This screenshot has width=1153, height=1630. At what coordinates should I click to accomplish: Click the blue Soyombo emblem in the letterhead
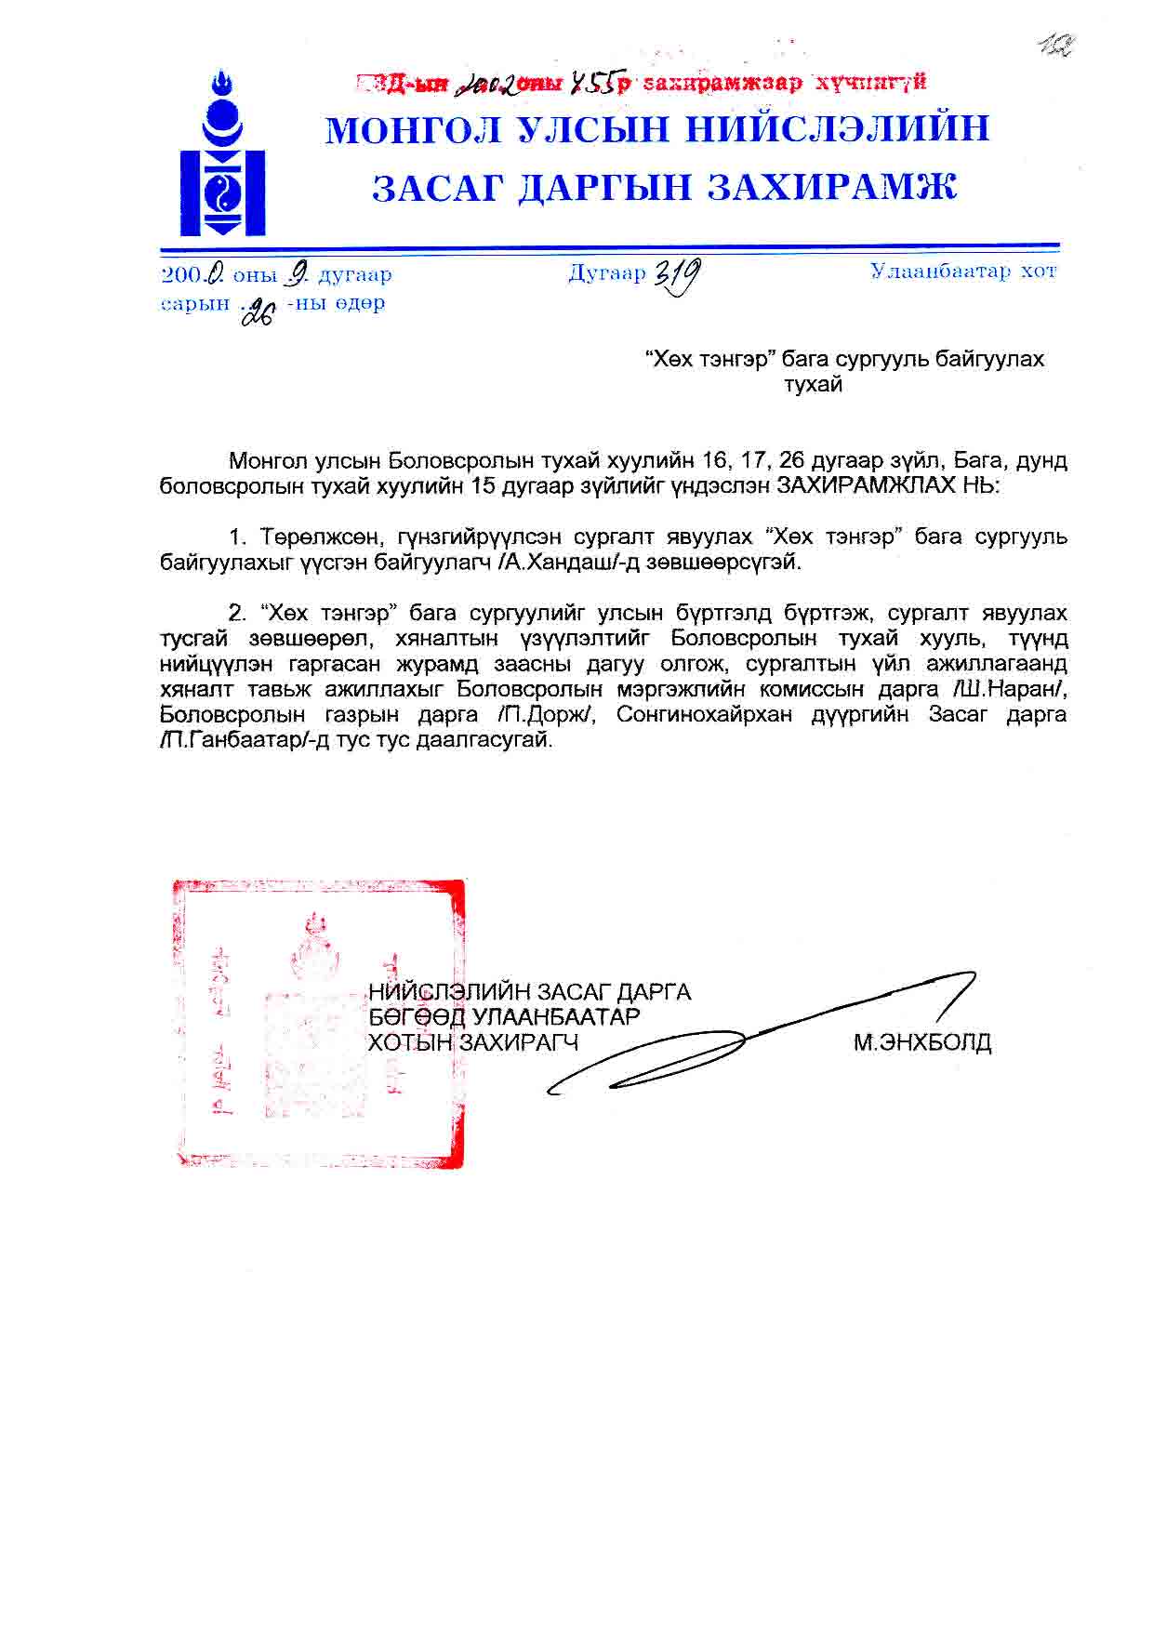pos(223,154)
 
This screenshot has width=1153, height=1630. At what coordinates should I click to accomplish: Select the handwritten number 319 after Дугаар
pos(678,275)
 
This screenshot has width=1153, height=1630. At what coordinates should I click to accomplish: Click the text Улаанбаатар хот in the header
pos(963,272)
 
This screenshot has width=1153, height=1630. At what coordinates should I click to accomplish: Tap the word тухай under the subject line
pos(813,384)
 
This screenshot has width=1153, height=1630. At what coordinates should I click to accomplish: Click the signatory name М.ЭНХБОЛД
pos(922,1042)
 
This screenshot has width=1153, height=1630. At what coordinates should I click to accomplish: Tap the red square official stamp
pos(318,1023)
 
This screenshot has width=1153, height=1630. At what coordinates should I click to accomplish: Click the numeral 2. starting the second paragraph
pos(237,613)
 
